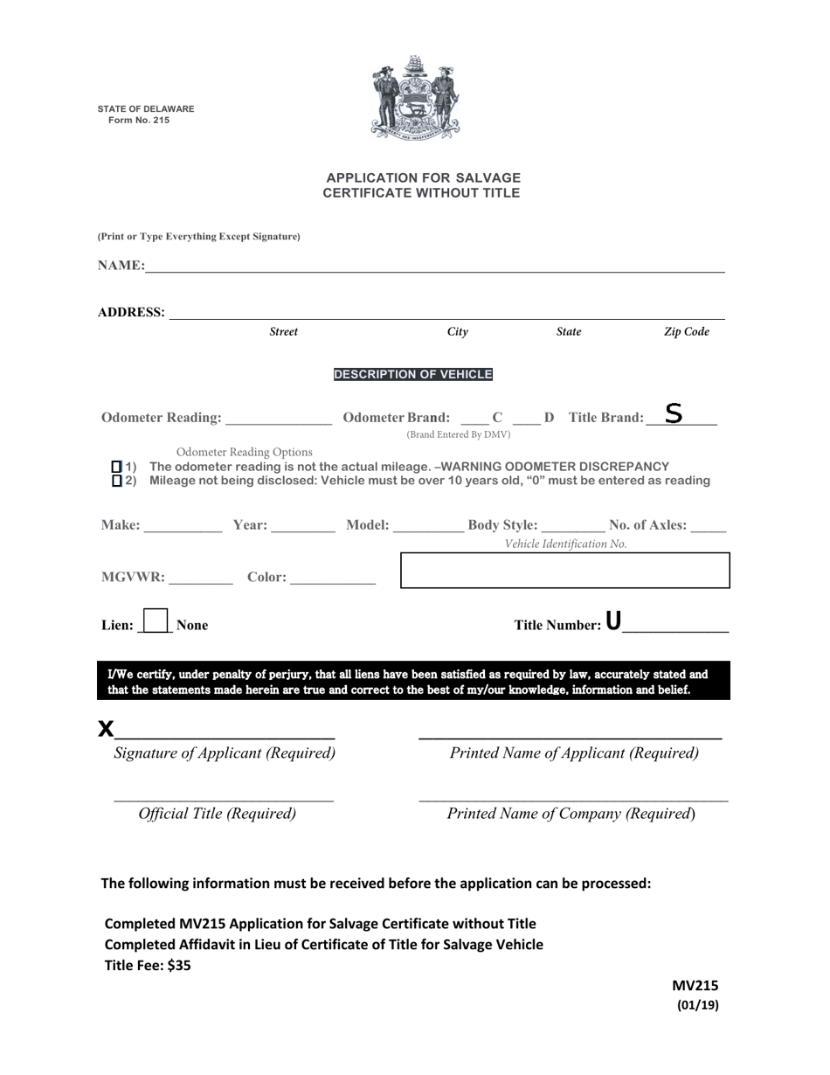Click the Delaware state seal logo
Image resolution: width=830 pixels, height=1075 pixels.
coord(415,98)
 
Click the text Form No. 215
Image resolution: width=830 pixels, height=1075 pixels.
coord(139,121)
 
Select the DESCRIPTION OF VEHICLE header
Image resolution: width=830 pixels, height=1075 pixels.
coord(413,374)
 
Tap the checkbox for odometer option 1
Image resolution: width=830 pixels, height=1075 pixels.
coord(117,467)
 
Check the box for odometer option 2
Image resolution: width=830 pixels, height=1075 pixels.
coord(117,481)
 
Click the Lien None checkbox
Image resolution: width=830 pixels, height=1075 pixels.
coord(155,621)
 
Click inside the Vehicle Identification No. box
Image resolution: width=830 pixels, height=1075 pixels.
coord(564,570)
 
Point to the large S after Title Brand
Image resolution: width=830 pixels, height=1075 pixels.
coord(673,413)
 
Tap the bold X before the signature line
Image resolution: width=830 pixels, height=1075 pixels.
coord(106,728)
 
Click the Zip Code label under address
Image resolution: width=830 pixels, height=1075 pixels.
coord(687,332)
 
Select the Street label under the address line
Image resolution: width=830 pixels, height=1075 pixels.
coord(283,332)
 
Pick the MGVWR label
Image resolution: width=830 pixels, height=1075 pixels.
coord(132,577)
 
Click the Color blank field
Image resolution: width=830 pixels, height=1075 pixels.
coord(332,577)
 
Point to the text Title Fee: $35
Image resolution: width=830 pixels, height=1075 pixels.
coord(148,966)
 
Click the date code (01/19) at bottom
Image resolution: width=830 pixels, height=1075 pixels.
coord(698,1005)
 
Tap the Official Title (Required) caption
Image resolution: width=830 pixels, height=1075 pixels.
coord(218,814)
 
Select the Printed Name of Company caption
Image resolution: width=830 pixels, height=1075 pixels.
coord(571,814)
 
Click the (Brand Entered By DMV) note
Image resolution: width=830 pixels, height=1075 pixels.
coord(459,434)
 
